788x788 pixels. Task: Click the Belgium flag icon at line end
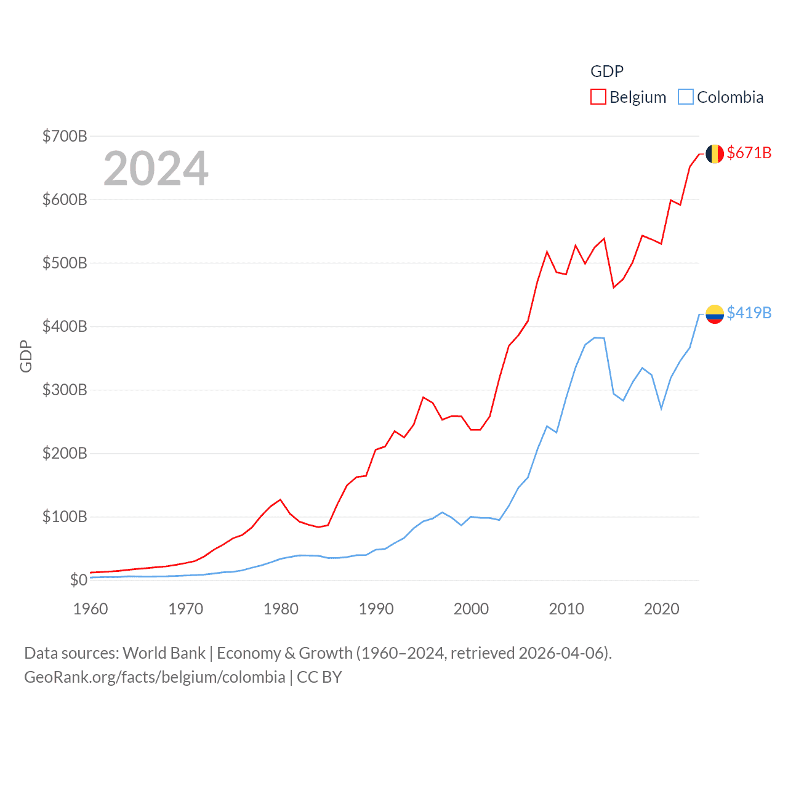pos(714,153)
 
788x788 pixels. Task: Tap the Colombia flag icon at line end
pos(714,314)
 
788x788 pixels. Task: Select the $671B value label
pos(749,153)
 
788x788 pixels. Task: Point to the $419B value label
pos(749,313)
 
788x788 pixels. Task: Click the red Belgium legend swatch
pos(598,97)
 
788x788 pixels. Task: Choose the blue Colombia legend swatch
pos(685,97)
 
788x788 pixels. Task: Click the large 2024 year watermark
pos(156,168)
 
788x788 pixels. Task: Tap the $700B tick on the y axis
pos(65,136)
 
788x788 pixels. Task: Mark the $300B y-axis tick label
pos(65,390)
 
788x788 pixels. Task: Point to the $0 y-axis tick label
pos(78,580)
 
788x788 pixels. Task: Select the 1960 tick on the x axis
pos(90,609)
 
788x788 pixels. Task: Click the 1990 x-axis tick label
pos(376,609)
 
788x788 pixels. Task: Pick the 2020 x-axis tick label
pos(661,609)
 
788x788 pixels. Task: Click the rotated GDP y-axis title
pos(26,356)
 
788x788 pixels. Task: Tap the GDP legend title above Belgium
pos(607,71)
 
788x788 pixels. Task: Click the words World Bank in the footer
pos(164,653)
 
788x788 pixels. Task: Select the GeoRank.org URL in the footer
pos(155,677)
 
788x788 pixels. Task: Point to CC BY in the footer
pos(319,677)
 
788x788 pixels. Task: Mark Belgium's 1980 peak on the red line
pos(280,499)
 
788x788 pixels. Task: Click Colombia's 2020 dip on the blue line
pos(661,409)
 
